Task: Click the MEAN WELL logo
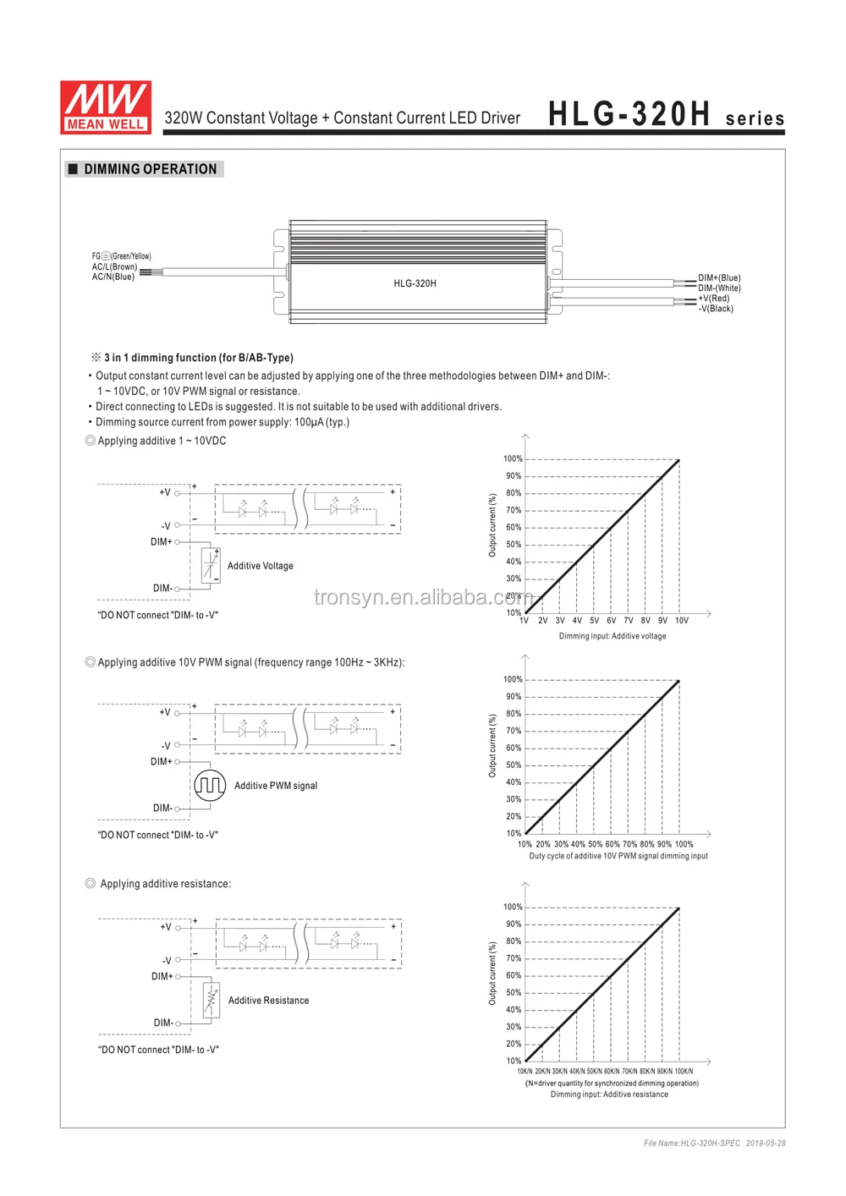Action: pyautogui.click(x=106, y=107)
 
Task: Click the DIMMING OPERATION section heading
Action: pyautogui.click(x=150, y=169)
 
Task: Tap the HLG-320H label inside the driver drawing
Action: pyautogui.click(x=415, y=283)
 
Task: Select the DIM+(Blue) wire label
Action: pyautogui.click(x=719, y=277)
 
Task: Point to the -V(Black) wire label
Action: pyautogui.click(x=716, y=309)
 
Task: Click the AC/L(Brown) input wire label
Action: pyautogui.click(x=114, y=266)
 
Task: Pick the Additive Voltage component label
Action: pyautogui.click(x=260, y=566)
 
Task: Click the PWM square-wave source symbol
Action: pyautogui.click(x=210, y=785)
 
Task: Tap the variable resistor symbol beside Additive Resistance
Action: pyautogui.click(x=211, y=1000)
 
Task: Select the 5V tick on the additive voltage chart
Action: pyautogui.click(x=594, y=621)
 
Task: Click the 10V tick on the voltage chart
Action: pyautogui.click(x=681, y=621)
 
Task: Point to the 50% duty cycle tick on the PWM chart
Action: pyautogui.click(x=595, y=844)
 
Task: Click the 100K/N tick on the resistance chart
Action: pyautogui.click(x=684, y=1071)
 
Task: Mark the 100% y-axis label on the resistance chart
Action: pyautogui.click(x=513, y=907)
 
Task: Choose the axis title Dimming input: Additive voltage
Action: pyautogui.click(x=612, y=636)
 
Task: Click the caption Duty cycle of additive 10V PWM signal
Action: pyautogui.click(x=618, y=856)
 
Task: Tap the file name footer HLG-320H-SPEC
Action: pyautogui.click(x=691, y=1143)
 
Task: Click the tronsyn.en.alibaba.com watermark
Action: pyautogui.click(x=423, y=597)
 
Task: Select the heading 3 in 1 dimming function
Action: pyautogui.click(x=198, y=358)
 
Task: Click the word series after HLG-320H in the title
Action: pyautogui.click(x=755, y=118)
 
